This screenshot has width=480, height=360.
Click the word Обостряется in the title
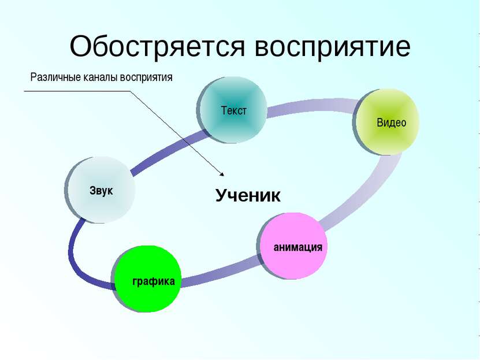point(157,47)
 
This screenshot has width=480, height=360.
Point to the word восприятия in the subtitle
point(146,78)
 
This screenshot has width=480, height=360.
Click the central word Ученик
point(248,196)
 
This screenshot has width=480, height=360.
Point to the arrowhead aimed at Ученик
point(222,174)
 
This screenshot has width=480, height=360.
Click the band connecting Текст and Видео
point(311,106)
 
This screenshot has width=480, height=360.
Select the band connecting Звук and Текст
point(168,151)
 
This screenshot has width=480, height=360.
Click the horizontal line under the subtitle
point(77,91)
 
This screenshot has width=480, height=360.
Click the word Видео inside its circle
point(392,123)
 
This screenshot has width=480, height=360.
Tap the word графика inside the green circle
point(154,281)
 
